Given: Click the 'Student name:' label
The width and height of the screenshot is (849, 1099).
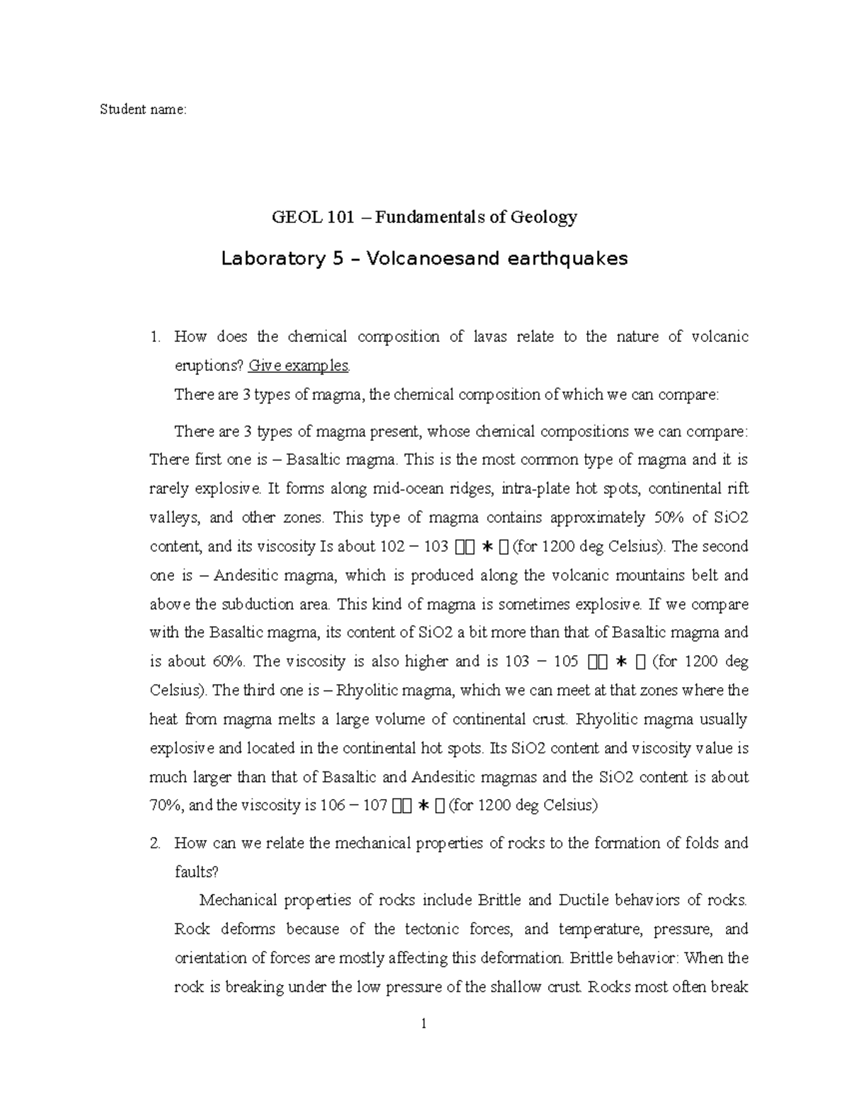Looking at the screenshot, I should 144,110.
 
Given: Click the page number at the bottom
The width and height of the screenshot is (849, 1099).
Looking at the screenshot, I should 424,1023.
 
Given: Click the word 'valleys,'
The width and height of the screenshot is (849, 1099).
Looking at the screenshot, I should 175,517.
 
